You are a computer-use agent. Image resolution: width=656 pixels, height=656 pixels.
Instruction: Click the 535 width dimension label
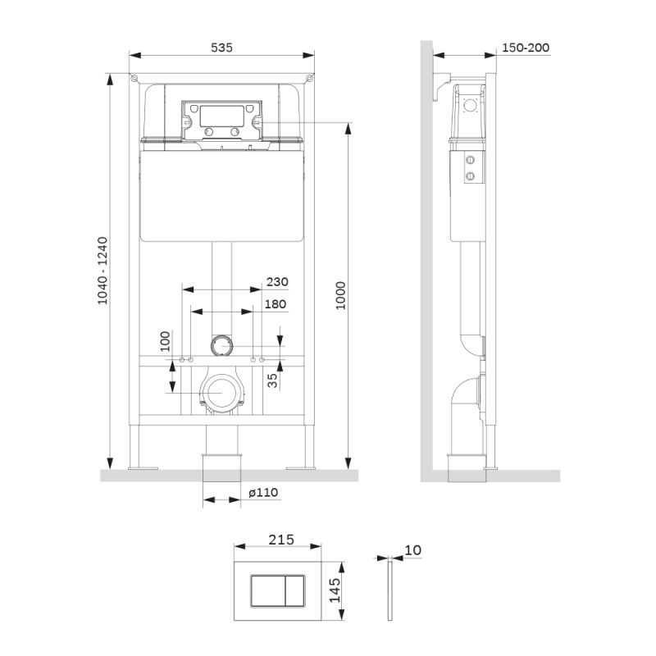click(221, 48)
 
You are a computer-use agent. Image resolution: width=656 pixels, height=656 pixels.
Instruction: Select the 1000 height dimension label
click(340, 295)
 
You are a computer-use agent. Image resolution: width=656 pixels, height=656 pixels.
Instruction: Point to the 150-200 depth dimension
click(525, 48)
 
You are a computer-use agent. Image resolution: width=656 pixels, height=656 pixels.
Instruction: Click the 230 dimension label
click(277, 281)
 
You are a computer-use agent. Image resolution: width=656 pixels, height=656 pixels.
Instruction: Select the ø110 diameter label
click(263, 492)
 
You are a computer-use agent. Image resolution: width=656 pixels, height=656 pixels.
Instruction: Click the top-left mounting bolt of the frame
click(134, 78)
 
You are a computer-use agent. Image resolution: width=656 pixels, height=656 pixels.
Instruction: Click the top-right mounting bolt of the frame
click(310, 78)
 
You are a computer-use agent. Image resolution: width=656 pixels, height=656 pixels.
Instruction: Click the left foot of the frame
click(139, 467)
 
